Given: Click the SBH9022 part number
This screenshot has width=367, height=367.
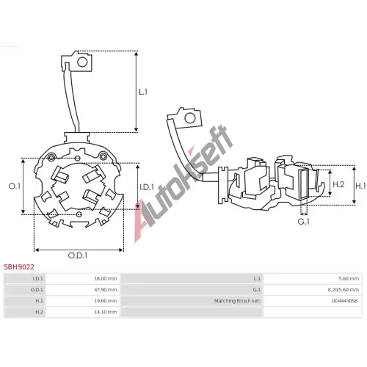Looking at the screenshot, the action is click(x=19, y=266).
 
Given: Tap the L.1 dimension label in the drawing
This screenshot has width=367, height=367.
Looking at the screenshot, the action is click(x=143, y=92).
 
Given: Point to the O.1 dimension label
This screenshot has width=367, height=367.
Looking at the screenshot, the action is click(x=15, y=186).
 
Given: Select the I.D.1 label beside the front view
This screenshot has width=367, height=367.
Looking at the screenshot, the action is click(x=147, y=187).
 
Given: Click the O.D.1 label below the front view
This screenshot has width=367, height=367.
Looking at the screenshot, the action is click(x=78, y=255).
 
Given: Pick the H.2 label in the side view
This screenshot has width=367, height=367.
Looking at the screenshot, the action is click(x=338, y=184).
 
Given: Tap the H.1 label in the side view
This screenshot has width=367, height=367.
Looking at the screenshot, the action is click(x=360, y=186).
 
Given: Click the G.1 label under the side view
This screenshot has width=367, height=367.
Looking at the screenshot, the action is click(x=304, y=222).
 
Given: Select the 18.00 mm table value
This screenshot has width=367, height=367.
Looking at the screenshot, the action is click(x=106, y=279).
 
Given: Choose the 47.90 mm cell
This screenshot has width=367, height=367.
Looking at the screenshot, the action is click(x=106, y=290).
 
